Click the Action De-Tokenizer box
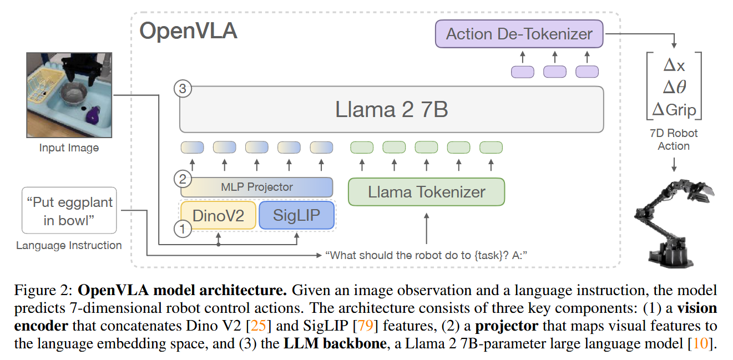[x=519, y=34]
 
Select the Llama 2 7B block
[x=391, y=109]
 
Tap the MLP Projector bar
[x=257, y=186]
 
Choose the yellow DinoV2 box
[x=218, y=215]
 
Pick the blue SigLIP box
[x=297, y=215]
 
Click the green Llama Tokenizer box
[x=426, y=192]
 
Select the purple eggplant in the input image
[x=93, y=115]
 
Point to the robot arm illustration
[x=675, y=221]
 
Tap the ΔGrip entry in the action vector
[x=674, y=109]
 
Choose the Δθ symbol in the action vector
[x=674, y=88]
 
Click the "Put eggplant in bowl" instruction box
[x=69, y=211]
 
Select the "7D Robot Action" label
[x=674, y=140]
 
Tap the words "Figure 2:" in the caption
[x=43, y=290]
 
